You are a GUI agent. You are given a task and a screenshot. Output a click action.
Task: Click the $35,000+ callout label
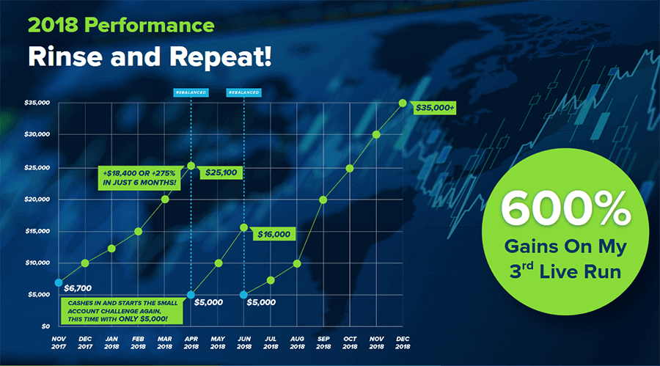tap(434, 108)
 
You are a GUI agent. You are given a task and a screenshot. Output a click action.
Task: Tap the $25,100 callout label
tap(221, 172)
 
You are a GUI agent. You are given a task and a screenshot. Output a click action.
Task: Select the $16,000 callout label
tap(274, 234)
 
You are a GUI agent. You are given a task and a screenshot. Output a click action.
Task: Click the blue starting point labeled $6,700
tap(59, 282)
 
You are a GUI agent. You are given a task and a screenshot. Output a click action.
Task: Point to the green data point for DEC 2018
tap(403, 103)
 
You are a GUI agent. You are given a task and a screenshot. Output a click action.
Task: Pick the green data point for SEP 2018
tap(323, 200)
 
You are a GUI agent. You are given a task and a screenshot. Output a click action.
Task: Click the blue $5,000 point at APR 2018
tap(191, 295)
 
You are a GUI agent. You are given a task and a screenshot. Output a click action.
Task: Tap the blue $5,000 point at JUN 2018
tap(243, 295)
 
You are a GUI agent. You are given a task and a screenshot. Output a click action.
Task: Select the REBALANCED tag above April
tap(191, 92)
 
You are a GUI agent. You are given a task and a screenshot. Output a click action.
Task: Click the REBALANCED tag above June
tap(243, 92)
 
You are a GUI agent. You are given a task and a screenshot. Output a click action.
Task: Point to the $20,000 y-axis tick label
tap(37, 200)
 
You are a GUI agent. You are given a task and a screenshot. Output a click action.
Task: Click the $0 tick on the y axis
tap(45, 326)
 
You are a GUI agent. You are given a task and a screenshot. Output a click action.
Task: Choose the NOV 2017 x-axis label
tap(59, 343)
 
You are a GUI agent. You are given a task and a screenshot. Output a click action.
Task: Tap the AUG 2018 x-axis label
tap(297, 343)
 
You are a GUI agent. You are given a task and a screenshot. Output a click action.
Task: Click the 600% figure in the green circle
tap(565, 208)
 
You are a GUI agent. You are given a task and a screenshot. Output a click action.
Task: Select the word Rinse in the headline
tap(65, 56)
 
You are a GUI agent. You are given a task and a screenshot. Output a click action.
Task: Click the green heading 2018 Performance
tap(121, 25)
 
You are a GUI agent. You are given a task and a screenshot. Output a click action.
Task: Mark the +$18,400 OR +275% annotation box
tap(139, 177)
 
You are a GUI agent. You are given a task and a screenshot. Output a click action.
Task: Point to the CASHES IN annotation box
tap(122, 311)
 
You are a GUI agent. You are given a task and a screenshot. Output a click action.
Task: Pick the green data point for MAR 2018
tap(165, 200)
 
